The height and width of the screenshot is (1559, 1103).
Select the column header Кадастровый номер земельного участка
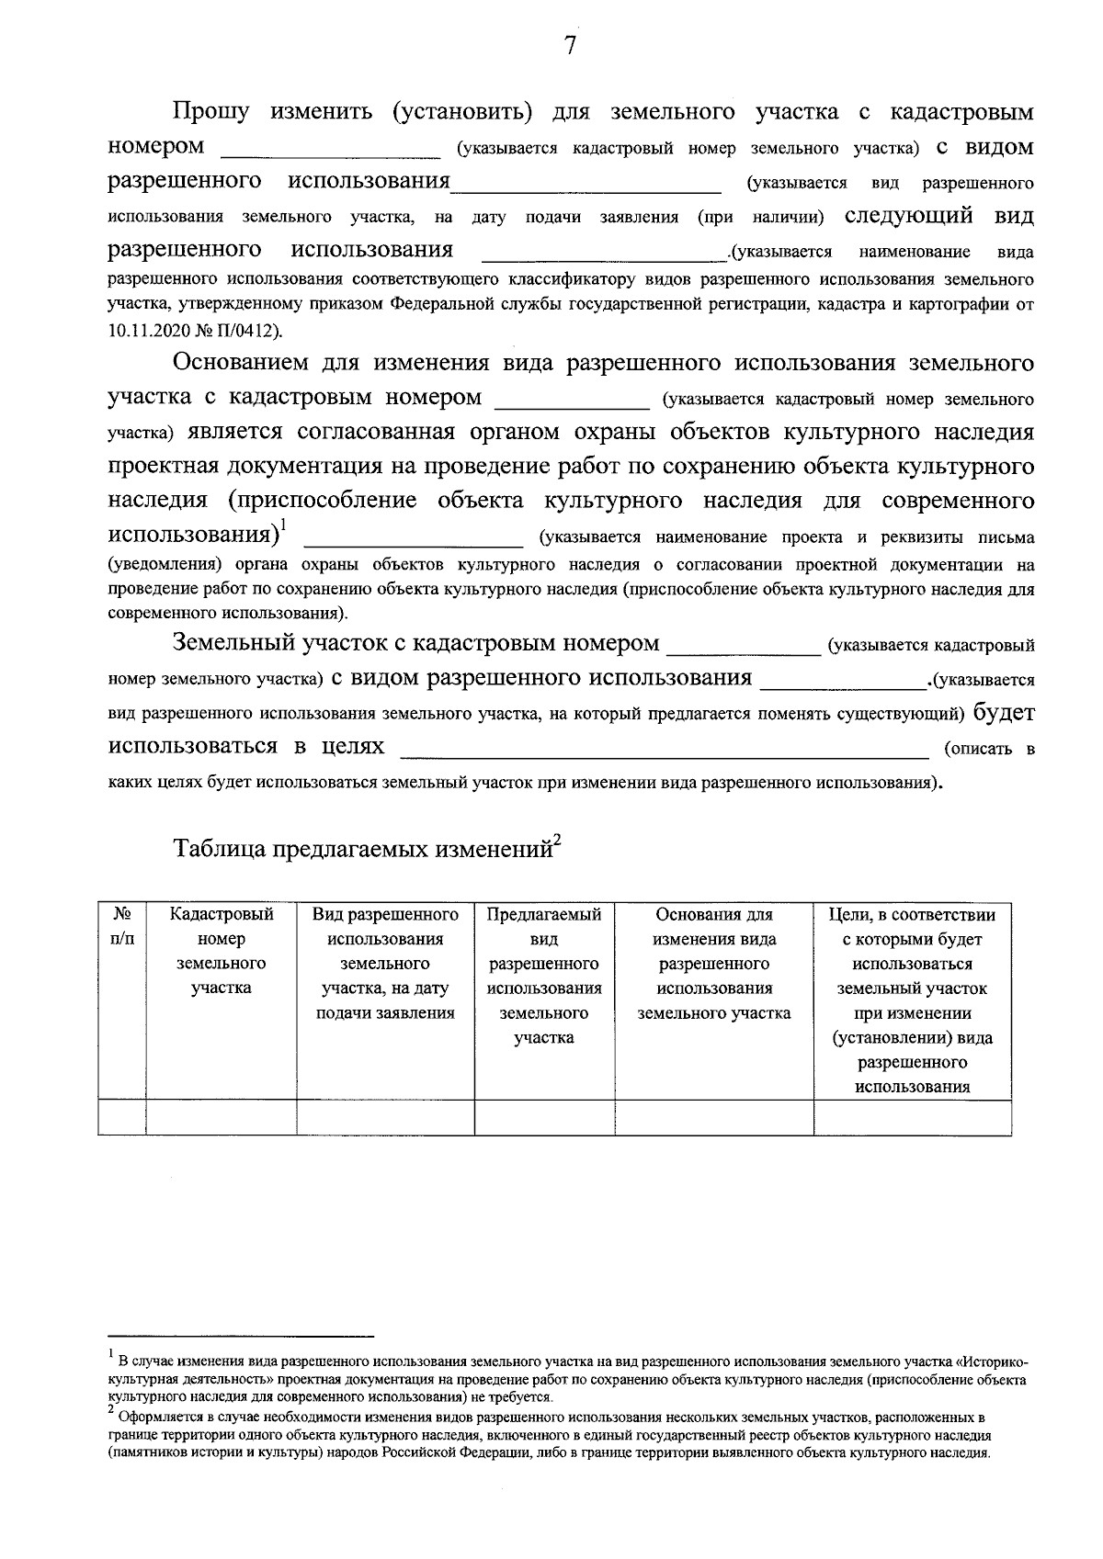pos(222,951)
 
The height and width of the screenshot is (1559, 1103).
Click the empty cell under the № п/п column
pos(122,1117)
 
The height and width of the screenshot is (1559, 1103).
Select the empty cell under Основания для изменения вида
pos(714,1117)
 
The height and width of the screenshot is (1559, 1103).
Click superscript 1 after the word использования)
pos(284,525)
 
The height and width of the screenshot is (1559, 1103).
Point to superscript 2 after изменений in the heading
pos(557,839)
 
